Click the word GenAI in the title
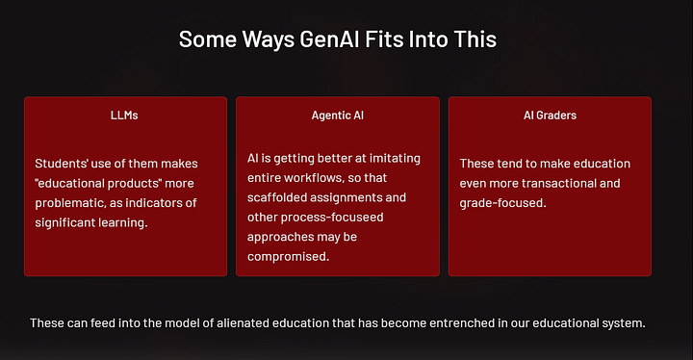point(310,39)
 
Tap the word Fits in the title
point(378,39)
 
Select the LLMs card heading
point(125,116)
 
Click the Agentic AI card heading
point(337,116)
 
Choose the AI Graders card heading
point(550,116)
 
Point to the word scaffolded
point(282,197)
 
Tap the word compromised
point(288,257)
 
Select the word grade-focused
point(502,203)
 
